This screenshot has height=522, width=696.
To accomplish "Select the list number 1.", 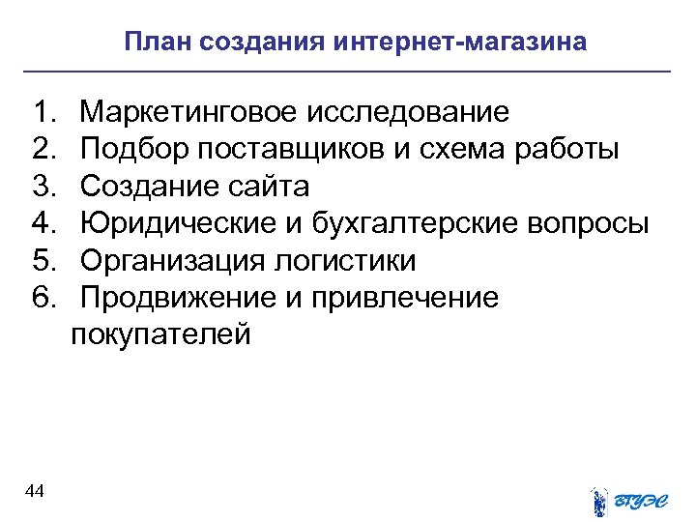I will point(43,113).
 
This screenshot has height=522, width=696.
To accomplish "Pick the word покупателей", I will point(160,334).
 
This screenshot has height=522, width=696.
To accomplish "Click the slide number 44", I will point(35,492).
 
